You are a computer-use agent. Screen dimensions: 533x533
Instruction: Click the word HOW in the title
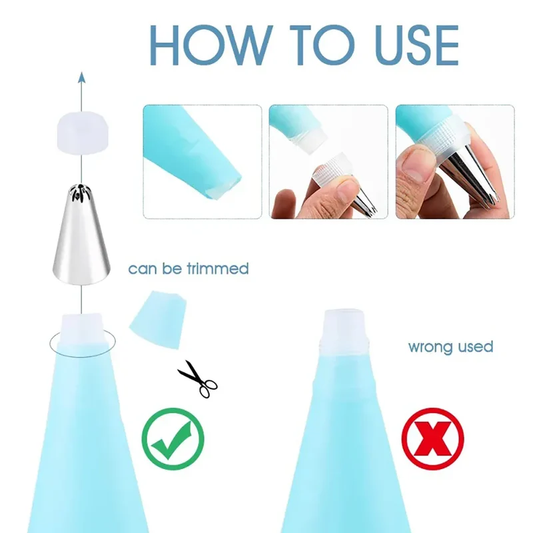pos(211,45)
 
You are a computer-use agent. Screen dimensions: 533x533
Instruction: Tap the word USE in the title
pos(418,45)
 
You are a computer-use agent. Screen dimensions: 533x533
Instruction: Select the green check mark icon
pos(173,438)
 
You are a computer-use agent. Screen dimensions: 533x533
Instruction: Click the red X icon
pos(432,438)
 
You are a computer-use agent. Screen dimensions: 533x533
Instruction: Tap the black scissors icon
pos(198,378)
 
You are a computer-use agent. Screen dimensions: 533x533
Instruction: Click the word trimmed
pos(218,268)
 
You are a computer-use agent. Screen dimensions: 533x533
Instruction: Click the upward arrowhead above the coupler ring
pos(81,77)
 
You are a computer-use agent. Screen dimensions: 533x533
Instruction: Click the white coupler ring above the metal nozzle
pos(82,134)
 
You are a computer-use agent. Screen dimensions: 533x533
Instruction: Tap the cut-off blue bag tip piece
pos(158,320)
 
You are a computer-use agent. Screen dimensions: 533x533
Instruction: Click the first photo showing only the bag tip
pos(203,162)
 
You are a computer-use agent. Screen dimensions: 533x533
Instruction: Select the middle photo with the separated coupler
pos(328,162)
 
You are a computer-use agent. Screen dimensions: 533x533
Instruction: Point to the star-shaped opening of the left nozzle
pos(80,192)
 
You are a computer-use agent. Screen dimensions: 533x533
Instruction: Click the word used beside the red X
pos(476,346)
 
